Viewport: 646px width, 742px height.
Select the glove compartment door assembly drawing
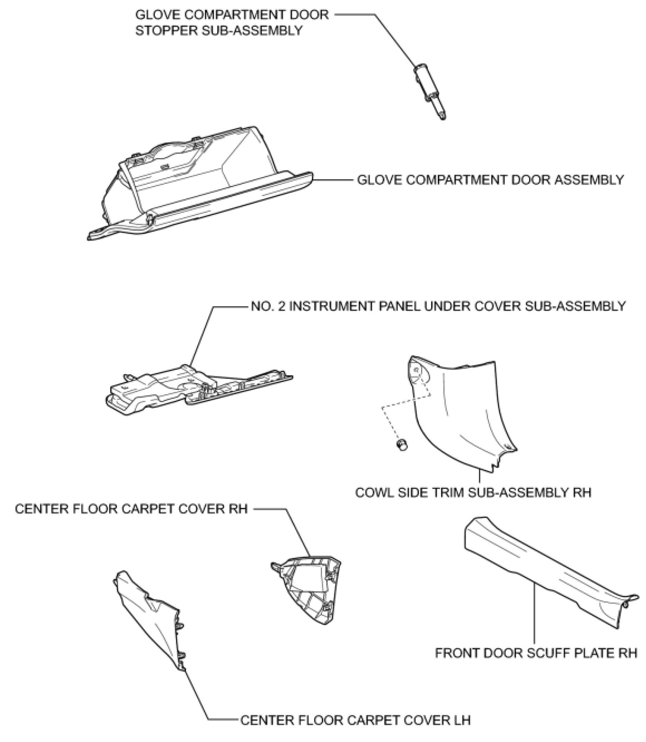202,184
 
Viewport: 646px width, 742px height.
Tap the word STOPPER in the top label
166,31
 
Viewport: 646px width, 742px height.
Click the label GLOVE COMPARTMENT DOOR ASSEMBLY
490,180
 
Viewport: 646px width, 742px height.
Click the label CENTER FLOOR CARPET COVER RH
131,509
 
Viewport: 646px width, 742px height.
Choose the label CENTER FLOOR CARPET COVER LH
355,720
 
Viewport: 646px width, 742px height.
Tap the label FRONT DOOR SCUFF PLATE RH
536,653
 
